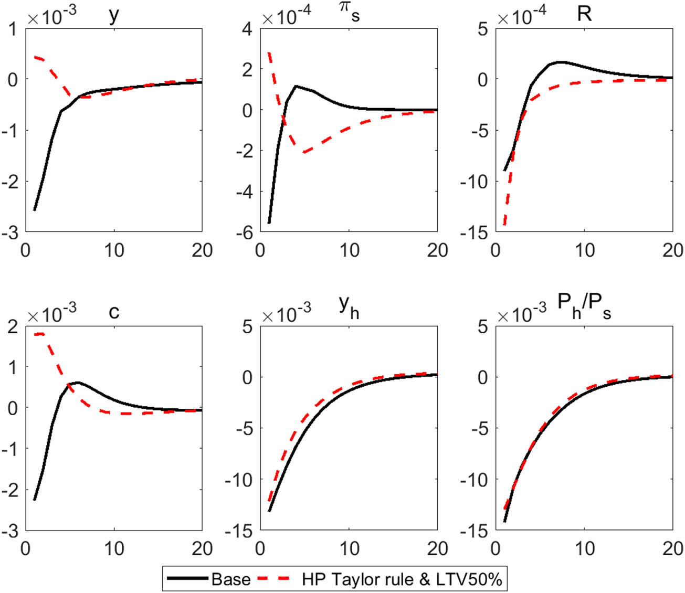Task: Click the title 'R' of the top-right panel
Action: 584,14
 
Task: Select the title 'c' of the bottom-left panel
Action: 113,312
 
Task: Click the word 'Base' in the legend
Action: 230,579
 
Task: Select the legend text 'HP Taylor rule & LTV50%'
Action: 402,579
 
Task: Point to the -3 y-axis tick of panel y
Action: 12,232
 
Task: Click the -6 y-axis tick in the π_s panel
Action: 246,232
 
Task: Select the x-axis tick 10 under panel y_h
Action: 349,548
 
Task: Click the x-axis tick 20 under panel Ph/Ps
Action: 672,548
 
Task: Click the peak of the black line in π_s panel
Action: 296,86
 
